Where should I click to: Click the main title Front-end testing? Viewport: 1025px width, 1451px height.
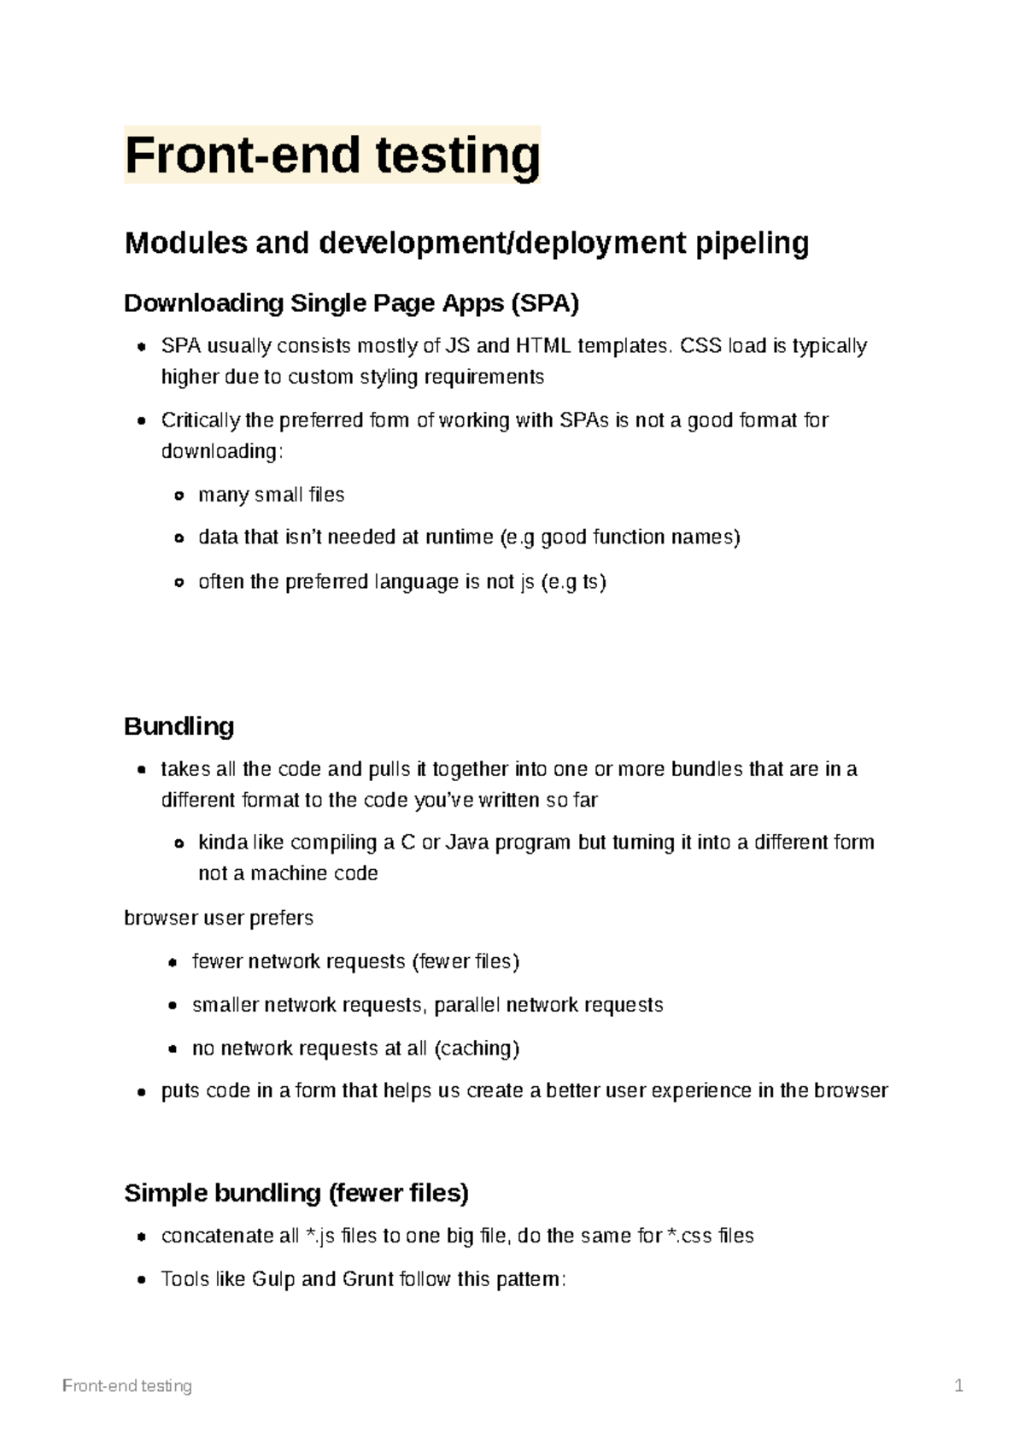click(x=332, y=156)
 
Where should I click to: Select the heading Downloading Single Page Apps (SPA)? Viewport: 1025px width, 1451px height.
click(x=351, y=303)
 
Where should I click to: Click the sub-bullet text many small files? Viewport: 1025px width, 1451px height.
click(x=271, y=495)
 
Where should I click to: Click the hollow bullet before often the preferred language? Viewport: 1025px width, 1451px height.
click(x=179, y=583)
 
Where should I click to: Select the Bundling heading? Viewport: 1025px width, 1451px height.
click(x=179, y=726)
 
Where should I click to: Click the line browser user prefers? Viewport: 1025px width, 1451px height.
click(x=219, y=918)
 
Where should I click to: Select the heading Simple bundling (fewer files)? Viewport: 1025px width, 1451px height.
click(x=296, y=1193)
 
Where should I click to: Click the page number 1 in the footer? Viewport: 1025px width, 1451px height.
click(x=958, y=1386)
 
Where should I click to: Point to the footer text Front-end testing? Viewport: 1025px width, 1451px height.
click(x=127, y=1386)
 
